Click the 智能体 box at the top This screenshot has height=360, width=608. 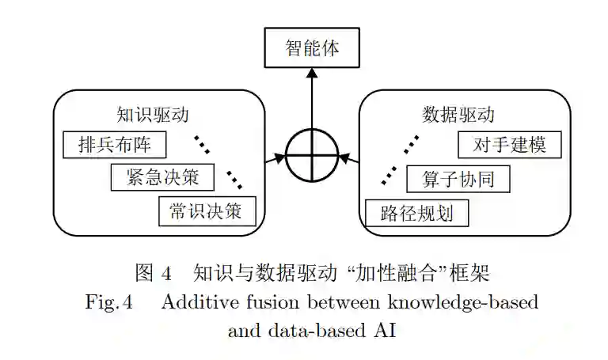pos(311,49)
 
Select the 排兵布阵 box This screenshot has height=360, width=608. pos(116,145)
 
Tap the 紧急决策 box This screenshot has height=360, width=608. pos(162,177)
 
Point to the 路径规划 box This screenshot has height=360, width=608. pos(416,213)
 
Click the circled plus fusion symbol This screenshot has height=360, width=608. pos(311,155)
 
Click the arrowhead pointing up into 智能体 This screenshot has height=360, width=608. pos(311,73)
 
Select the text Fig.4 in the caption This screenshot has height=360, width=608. pos(111,302)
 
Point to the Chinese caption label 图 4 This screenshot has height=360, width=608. pos(154,274)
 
